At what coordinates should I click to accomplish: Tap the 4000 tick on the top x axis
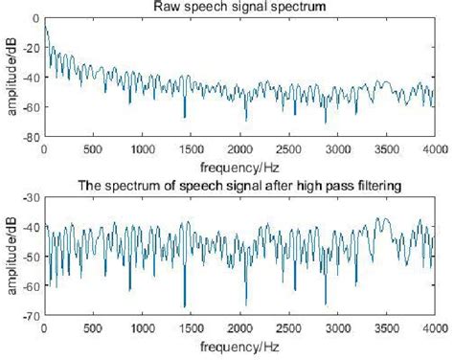pos(436,150)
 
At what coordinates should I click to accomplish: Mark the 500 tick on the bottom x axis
pos(93,327)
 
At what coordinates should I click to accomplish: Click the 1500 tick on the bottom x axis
pos(191,327)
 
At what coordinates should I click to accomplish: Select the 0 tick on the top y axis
pos(35,18)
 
